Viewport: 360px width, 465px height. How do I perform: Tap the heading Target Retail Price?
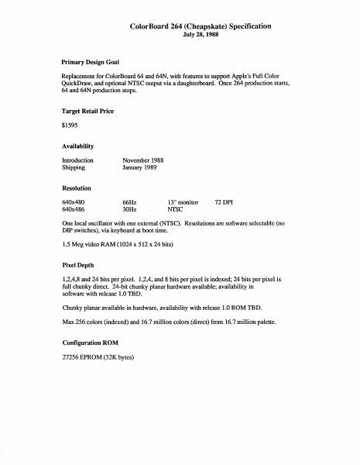(87, 112)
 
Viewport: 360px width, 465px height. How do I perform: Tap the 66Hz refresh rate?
(130, 201)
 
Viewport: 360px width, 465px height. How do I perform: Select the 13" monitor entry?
(183, 201)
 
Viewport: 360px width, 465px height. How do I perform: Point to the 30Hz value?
(130, 209)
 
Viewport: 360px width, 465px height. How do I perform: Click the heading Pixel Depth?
(77, 264)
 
